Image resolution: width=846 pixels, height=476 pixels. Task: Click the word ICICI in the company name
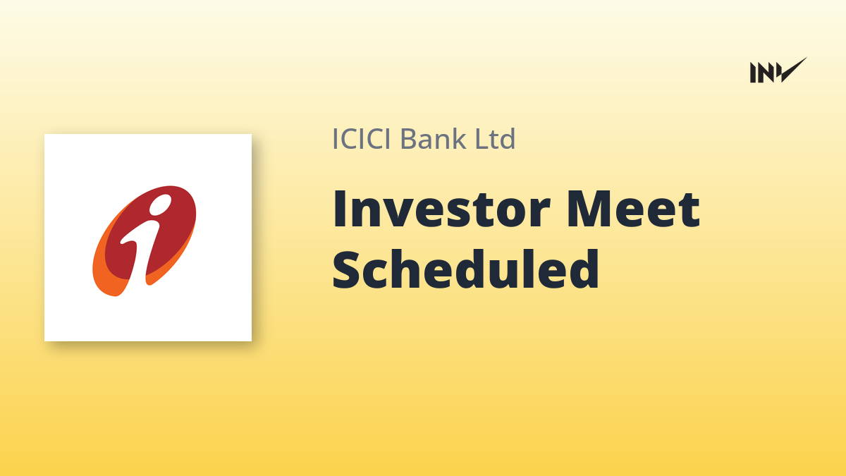click(361, 139)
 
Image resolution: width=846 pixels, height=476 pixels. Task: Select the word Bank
click(433, 138)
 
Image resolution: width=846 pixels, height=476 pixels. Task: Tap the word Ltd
click(495, 138)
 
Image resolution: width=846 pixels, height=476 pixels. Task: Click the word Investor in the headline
click(441, 209)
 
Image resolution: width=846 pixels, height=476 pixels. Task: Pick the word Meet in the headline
click(633, 209)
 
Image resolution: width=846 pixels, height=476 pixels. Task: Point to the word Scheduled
click(465, 269)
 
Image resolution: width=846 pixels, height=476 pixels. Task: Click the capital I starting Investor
click(339, 209)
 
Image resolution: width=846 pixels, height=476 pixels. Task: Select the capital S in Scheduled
click(345, 269)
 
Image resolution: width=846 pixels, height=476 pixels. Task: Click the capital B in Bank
click(409, 139)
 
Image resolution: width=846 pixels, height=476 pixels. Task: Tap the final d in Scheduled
click(584, 269)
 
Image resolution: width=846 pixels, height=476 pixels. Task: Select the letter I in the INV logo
click(753, 73)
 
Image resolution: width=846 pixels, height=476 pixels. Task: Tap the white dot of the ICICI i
click(160, 205)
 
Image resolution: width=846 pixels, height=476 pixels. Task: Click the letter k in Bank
click(459, 138)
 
